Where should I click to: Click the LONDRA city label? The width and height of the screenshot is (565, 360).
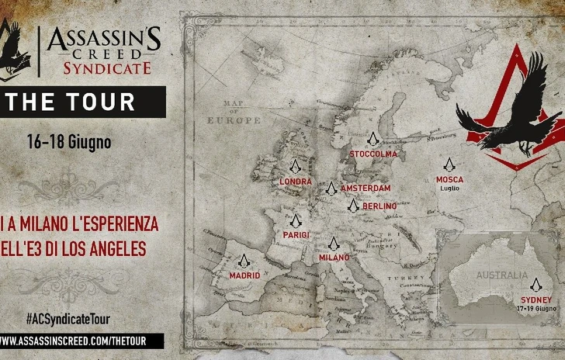(294, 181)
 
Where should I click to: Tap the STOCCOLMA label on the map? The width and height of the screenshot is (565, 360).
(373, 154)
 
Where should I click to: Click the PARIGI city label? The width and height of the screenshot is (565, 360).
(295, 234)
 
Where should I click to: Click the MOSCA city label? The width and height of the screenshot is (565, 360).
(450, 179)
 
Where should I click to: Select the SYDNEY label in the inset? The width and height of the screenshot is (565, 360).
(536, 300)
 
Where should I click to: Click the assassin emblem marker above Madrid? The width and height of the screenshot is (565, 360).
(244, 260)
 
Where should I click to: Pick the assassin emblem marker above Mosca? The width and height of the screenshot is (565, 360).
(448, 164)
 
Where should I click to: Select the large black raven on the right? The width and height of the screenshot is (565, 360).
(504, 116)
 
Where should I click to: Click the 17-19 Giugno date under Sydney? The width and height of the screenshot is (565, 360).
(536, 309)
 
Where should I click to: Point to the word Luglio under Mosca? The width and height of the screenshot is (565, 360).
(450, 188)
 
